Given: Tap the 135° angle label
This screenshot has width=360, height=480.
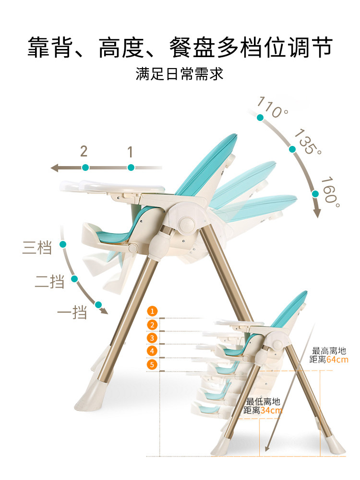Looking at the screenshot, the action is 308,141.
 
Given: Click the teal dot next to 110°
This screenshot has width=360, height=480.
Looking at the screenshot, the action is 260,118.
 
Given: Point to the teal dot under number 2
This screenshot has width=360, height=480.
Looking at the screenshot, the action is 85,168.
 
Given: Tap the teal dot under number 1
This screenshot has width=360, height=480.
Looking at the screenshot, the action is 131,168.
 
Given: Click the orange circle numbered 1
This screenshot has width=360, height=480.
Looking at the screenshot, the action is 152,311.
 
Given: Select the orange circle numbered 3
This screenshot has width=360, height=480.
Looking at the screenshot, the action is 152,338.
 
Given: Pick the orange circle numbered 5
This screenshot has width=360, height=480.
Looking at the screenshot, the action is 152,365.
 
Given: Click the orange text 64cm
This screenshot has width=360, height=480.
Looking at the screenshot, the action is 337,360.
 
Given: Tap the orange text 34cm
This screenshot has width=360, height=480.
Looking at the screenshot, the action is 271,410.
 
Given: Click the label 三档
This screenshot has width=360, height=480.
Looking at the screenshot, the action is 37,249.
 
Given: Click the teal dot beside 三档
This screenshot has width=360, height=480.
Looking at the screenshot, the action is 62,244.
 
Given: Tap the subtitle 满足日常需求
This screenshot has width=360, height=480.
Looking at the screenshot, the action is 180,74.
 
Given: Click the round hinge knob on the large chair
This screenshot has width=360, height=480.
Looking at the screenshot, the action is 186,223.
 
